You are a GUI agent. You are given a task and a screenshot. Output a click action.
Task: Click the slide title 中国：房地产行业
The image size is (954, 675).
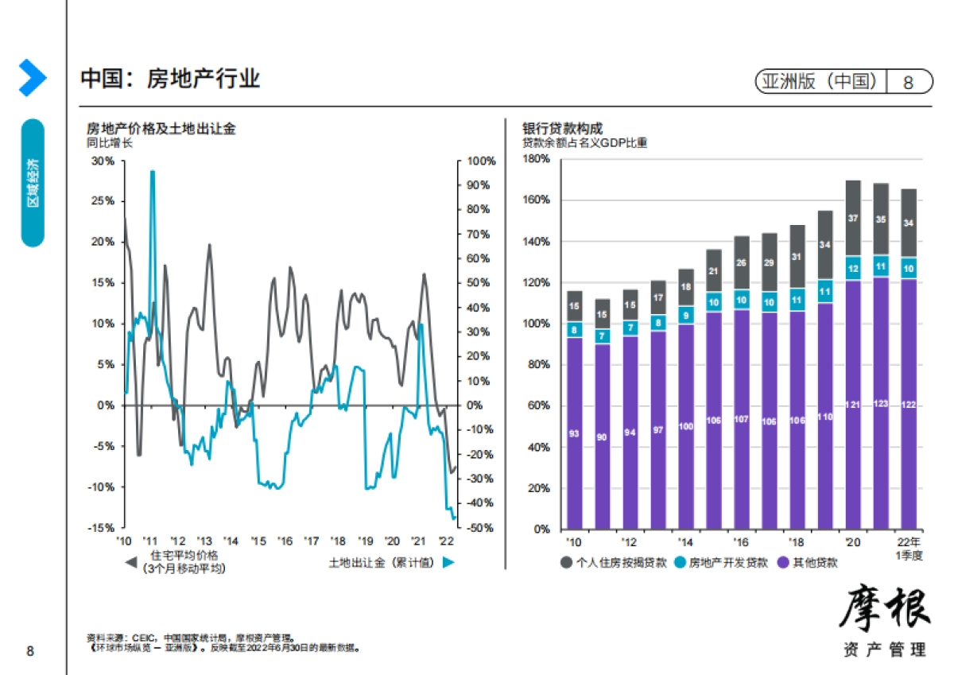(170, 79)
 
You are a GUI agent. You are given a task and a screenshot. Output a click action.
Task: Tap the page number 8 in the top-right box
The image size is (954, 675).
(908, 82)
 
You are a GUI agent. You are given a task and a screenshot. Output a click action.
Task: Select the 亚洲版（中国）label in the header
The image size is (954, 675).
(820, 82)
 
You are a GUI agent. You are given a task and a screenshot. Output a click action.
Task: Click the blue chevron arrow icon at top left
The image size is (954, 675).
(32, 78)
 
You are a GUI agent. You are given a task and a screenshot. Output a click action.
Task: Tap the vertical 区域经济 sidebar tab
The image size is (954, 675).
(33, 183)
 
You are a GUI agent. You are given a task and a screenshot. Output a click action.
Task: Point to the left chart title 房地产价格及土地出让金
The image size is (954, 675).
(161, 129)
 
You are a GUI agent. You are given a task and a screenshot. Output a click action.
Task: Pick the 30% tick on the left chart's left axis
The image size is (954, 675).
(103, 161)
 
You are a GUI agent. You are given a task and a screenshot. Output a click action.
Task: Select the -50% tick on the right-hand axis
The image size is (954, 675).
(480, 528)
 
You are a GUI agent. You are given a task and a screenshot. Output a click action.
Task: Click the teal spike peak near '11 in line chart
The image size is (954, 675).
(152, 172)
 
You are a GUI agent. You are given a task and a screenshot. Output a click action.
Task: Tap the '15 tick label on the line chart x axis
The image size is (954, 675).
(258, 541)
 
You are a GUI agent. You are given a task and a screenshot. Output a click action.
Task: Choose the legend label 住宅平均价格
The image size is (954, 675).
(184, 556)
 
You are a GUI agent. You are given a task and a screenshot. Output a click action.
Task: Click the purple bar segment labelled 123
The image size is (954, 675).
(880, 403)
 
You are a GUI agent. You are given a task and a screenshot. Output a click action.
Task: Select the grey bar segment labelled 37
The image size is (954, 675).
(853, 218)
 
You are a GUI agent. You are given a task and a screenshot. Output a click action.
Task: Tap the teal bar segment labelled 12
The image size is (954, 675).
(853, 269)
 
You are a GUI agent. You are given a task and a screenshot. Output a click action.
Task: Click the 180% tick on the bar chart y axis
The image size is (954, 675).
(536, 160)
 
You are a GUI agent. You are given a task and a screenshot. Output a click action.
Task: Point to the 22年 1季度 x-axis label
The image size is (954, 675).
(909, 548)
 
